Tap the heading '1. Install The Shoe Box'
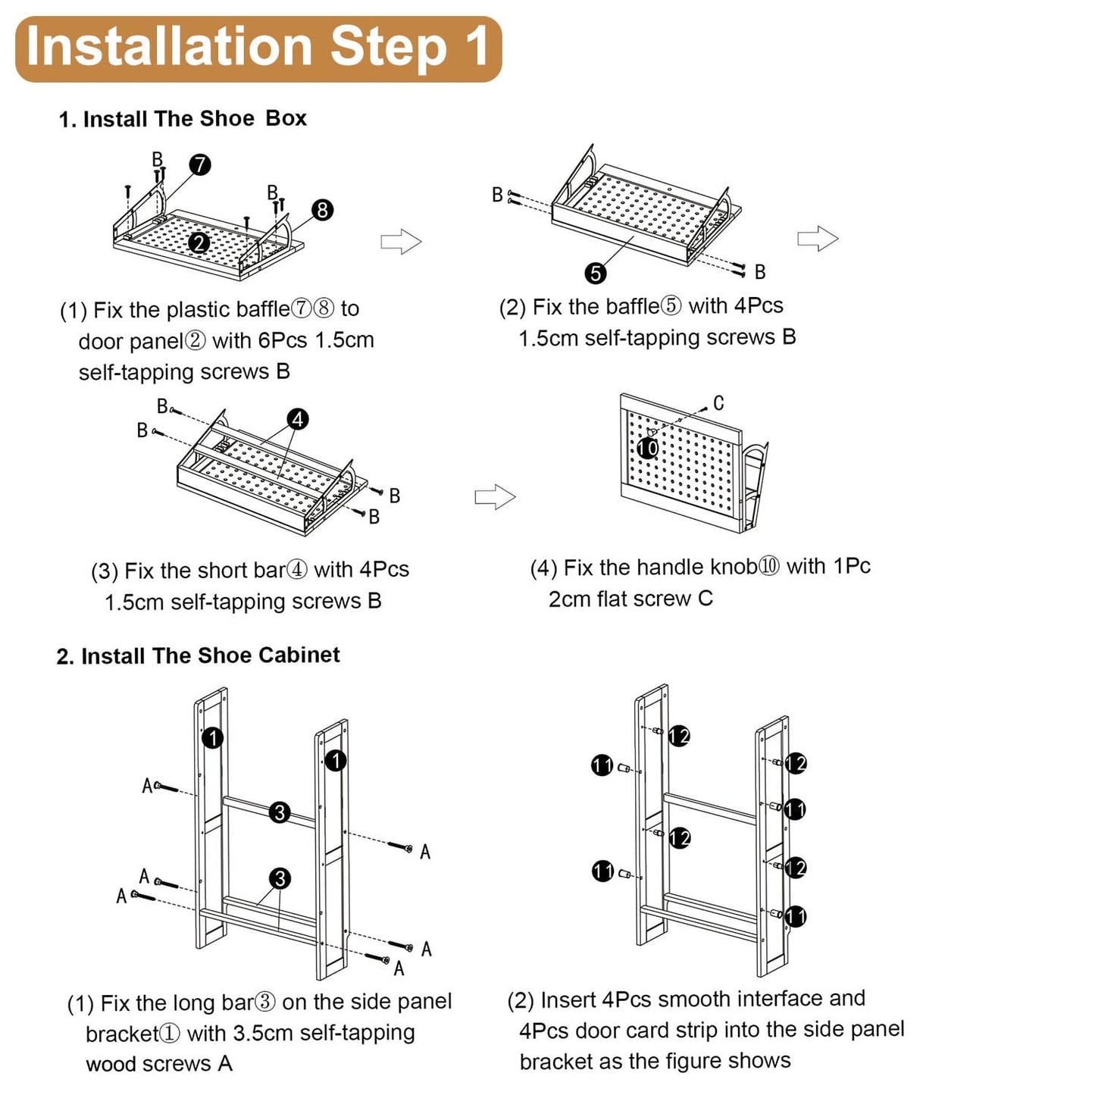(183, 119)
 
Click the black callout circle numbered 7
(199, 164)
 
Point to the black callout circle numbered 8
(322, 210)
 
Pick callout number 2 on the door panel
(199, 243)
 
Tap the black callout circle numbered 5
(595, 274)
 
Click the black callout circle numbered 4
(298, 419)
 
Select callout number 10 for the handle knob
(647, 449)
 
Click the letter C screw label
(718, 403)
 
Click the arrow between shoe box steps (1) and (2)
(401, 242)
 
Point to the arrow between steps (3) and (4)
(495, 496)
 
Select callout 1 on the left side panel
(213, 738)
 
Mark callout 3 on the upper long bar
(280, 812)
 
